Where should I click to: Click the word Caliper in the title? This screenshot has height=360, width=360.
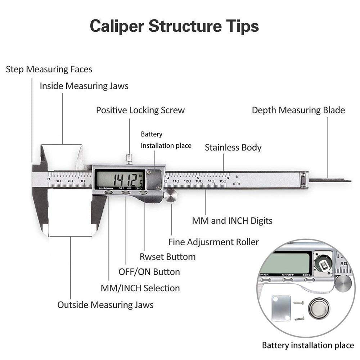pyautogui.click(x=116, y=26)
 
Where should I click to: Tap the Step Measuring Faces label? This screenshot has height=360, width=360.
pyautogui.click(x=49, y=69)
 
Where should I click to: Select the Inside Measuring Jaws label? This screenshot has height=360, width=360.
pyautogui.click(x=84, y=86)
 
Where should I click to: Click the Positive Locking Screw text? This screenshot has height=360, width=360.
pyautogui.click(x=140, y=110)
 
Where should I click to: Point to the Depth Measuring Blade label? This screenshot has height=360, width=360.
pyautogui.click(x=298, y=110)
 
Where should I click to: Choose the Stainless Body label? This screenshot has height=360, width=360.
pyautogui.click(x=233, y=147)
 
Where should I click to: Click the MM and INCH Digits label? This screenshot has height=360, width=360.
pyautogui.click(x=232, y=220)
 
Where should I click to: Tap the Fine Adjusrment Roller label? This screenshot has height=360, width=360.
pyautogui.click(x=213, y=242)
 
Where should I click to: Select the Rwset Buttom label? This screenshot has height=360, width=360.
pyautogui.click(x=167, y=257)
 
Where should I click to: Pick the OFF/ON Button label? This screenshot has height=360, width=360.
pyautogui.click(x=149, y=272)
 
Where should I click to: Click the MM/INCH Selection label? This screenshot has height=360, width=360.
pyautogui.click(x=140, y=288)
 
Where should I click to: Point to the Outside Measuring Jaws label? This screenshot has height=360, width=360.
pyautogui.click(x=105, y=305)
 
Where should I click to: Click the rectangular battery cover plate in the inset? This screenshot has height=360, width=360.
pyautogui.click(x=281, y=308)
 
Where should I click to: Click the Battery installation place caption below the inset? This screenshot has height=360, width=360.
pyautogui.click(x=307, y=346)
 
